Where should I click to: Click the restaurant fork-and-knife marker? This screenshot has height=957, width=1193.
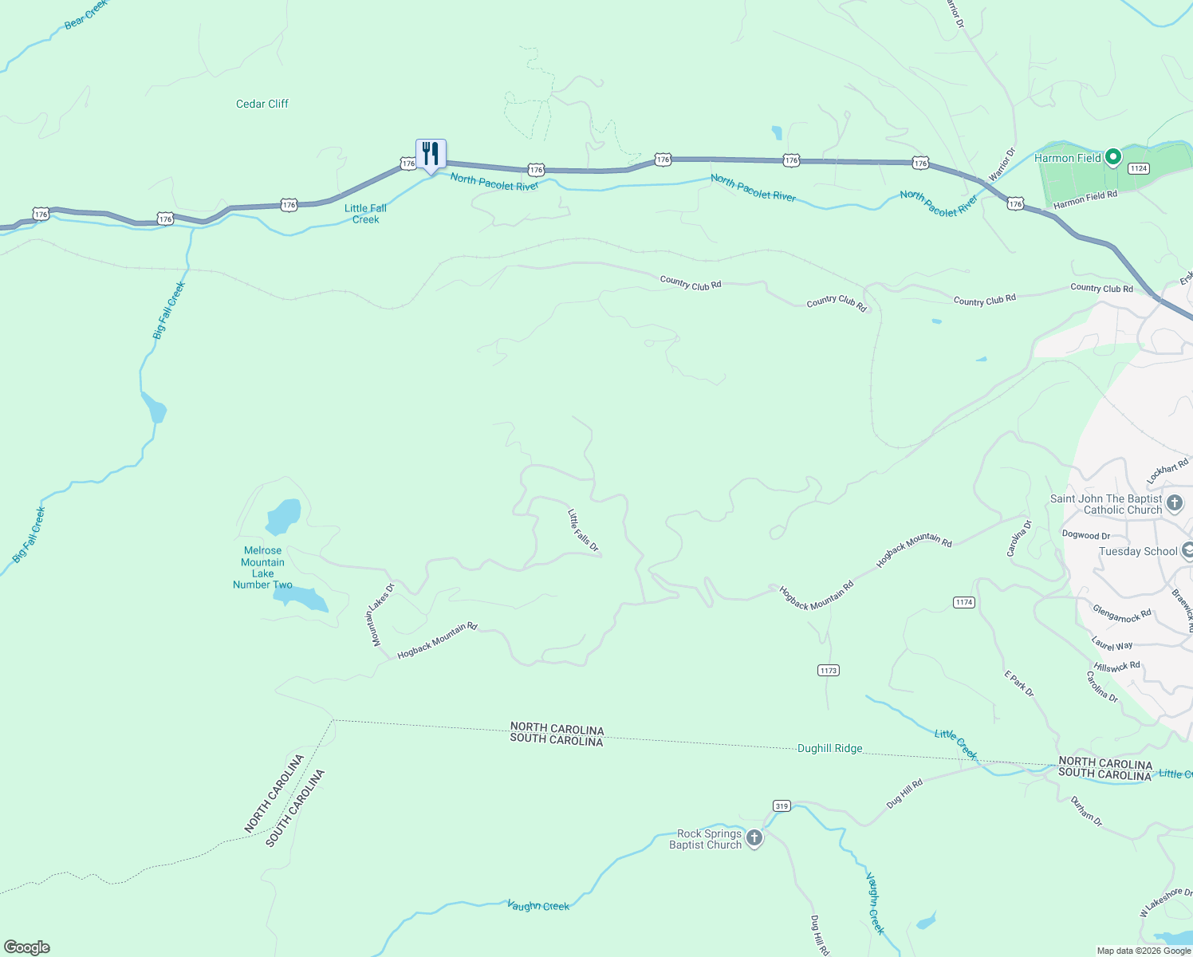pyautogui.click(x=431, y=153)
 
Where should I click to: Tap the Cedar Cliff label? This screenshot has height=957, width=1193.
pyautogui.click(x=262, y=104)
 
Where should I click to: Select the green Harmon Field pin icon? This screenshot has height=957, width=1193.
pyautogui.click(x=1113, y=157)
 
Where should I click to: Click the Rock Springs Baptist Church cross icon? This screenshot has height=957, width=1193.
pyautogui.click(x=754, y=838)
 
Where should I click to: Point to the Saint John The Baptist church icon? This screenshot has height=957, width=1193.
pyautogui.click(x=1174, y=503)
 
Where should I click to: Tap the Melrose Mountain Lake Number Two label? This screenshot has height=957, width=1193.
pyautogui.click(x=262, y=567)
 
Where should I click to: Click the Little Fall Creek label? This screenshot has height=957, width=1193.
pyautogui.click(x=366, y=214)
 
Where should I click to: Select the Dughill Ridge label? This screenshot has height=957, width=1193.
pyautogui.click(x=829, y=749)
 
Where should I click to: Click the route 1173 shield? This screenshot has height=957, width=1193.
pyautogui.click(x=829, y=671)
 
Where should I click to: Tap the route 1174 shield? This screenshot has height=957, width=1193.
pyautogui.click(x=964, y=602)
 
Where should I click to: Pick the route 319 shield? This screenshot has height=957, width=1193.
pyautogui.click(x=782, y=806)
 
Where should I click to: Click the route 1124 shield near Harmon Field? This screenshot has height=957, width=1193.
pyautogui.click(x=1138, y=168)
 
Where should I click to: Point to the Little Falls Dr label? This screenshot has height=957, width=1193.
pyautogui.click(x=583, y=530)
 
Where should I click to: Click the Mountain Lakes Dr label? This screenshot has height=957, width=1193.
pyautogui.click(x=380, y=614)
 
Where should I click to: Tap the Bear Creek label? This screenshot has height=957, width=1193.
pyautogui.click(x=85, y=14)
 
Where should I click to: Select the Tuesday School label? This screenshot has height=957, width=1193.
pyautogui.click(x=1138, y=551)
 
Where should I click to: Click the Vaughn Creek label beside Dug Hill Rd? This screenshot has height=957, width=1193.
pyautogui.click(x=875, y=903)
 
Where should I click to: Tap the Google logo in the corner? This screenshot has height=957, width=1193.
pyautogui.click(x=27, y=947)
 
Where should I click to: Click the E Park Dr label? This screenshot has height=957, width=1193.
pyautogui.click(x=1018, y=683)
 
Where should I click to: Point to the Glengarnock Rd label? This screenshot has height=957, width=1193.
pyautogui.click(x=1122, y=614)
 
